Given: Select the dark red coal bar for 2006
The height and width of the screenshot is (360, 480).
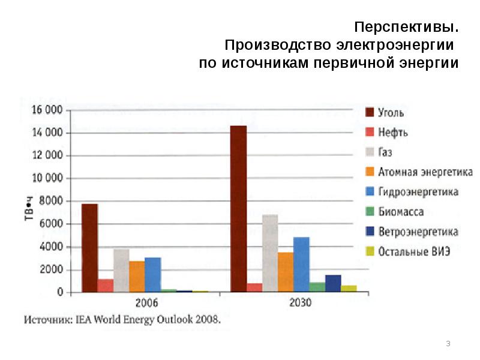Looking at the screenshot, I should pyautogui.click(x=89, y=248).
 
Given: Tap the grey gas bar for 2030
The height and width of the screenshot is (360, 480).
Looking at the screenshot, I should pyautogui.click(x=270, y=253).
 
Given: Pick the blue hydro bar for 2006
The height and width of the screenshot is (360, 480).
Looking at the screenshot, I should pyautogui.click(x=152, y=274).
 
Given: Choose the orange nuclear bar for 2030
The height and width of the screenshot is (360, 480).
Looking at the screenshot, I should pyautogui.click(x=286, y=272).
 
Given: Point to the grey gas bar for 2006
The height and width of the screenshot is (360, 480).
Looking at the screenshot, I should pyautogui.click(x=121, y=270).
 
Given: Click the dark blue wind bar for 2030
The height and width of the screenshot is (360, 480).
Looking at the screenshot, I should pyautogui.click(x=333, y=283).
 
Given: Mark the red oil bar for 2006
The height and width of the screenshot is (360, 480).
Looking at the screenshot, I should pyautogui.click(x=106, y=286).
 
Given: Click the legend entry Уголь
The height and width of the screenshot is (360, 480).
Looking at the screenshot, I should pyautogui.click(x=391, y=113).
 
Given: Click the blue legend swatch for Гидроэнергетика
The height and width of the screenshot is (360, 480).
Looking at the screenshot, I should pyautogui.click(x=370, y=192).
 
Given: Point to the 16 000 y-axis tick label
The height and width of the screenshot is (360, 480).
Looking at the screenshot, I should pyautogui.click(x=47, y=110).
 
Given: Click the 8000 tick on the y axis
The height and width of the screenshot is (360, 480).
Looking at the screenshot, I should pyautogui.click(x=51, y=201).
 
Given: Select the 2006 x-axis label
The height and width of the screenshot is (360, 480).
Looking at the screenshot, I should pyautogui.click(x=145, y=303).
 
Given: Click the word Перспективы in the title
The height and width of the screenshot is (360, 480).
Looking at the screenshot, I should pyautogui.click(x=406, y=28).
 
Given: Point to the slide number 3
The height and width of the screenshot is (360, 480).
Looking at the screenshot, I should pyautogui.click(x=448, y=343).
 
